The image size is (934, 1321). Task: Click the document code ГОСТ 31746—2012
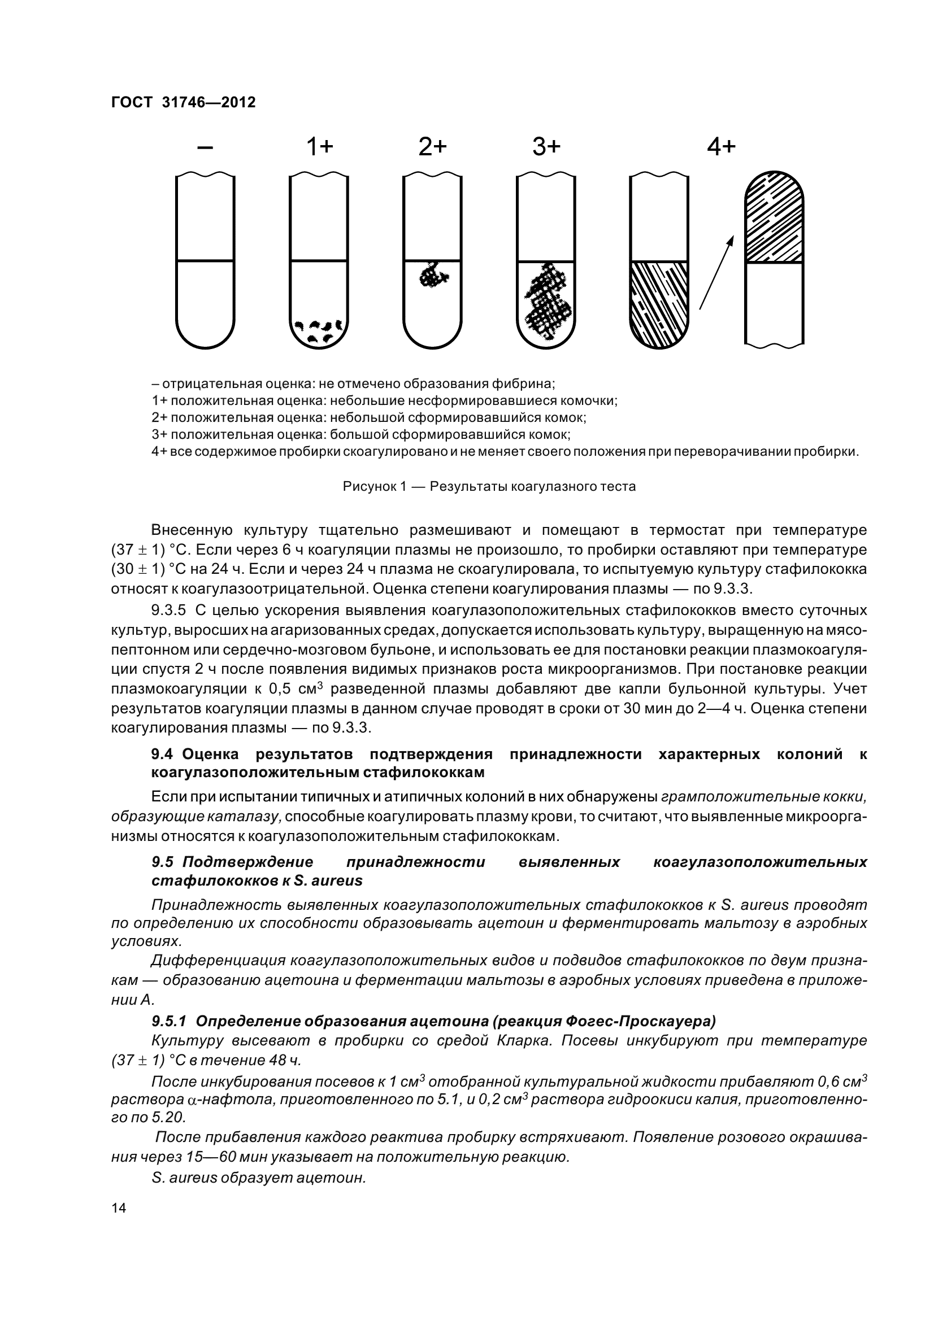click(x=183, y=102)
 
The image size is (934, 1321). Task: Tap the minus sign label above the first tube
click(x=205, y=148)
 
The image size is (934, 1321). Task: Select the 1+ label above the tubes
click(x=319, y=148)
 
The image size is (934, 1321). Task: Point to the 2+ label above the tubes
click(x=433, y=148)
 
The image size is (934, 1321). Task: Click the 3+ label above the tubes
click(x=546, y=148)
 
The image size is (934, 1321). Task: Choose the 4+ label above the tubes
click(x=721, y=148)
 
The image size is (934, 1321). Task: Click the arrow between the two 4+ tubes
click(x=716, y=272)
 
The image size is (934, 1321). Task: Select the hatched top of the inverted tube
click(x=774, y=219)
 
